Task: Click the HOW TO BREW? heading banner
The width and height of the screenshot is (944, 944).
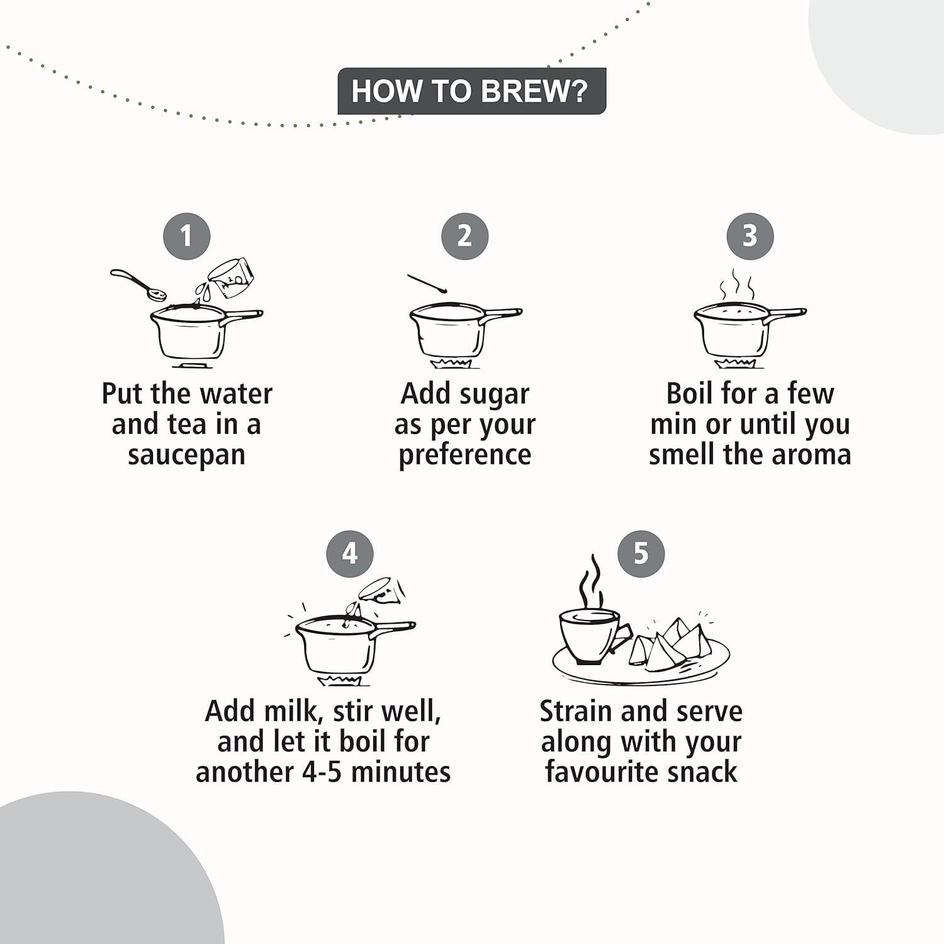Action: click(x=471, y=91)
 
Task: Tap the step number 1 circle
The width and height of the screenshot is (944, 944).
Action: click(x=186, y=236)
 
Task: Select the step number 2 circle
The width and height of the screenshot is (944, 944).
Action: click(x=464, y=236)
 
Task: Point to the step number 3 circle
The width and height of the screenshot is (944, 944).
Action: click(x=750, y=236)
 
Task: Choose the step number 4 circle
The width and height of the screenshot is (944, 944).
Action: click(x=350, y=554)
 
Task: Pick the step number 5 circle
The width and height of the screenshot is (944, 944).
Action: click(x=641, y=553)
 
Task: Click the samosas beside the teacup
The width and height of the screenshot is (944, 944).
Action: click(x=670, y=642)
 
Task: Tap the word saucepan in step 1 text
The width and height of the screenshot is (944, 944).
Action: click(x=186, y=455)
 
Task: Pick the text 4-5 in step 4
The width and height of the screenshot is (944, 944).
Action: click(x=323, y=772)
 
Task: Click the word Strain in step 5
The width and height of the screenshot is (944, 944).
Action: click(x=576, y=711)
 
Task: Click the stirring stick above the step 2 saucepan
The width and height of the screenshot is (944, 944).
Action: click(x=426, y=283)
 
